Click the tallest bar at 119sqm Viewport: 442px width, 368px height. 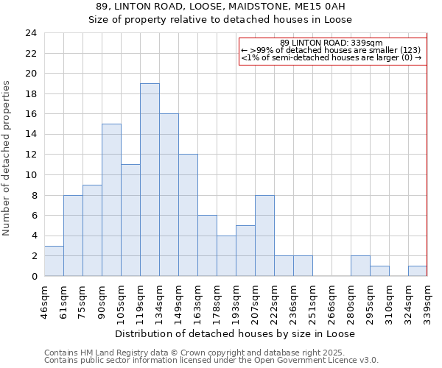pos(150,180)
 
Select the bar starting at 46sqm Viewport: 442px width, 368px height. pos(54,261)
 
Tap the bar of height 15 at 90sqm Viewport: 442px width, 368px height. pos(111,199)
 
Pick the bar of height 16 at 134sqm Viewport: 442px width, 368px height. pos(169,195)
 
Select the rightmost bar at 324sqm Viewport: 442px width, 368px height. pos(418,271)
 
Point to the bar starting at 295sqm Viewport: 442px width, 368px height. pos(379,271)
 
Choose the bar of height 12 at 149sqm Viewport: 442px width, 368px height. pos(188,215)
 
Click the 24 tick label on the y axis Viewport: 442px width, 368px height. pos(30,33)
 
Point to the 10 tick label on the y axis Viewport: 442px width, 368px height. pos(30,175)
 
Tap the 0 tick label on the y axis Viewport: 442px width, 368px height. pos(34,276)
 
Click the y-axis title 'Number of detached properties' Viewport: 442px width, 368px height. pos(7,158)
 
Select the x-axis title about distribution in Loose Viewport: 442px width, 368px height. pos(236,333)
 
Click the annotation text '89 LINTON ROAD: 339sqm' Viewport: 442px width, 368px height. pos(331,43)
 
